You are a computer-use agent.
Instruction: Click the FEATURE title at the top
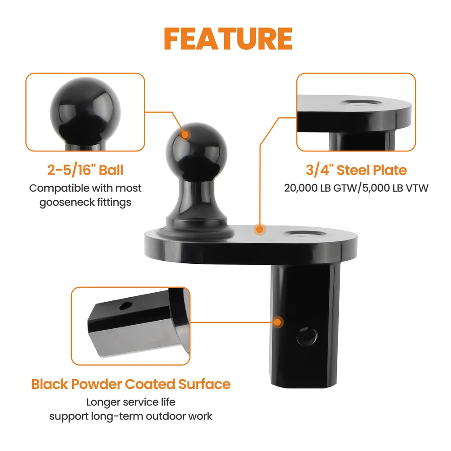(228, 39)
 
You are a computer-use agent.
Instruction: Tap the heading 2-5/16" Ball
(85, 170)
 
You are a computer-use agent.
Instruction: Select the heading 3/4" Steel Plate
(356, 170)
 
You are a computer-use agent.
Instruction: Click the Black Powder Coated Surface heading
(131, 384)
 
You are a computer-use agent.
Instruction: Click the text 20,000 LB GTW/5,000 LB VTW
(356, 188)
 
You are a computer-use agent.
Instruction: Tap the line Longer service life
(131, 402)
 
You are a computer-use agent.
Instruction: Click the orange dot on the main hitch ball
(184, 134)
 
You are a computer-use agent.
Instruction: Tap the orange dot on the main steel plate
(260, 229)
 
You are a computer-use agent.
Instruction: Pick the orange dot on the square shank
(277, 322)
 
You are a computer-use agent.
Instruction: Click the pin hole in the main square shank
(307, 336)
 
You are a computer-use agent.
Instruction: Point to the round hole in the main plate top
(305, 234)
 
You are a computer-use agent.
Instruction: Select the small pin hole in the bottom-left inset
(125, 306)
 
